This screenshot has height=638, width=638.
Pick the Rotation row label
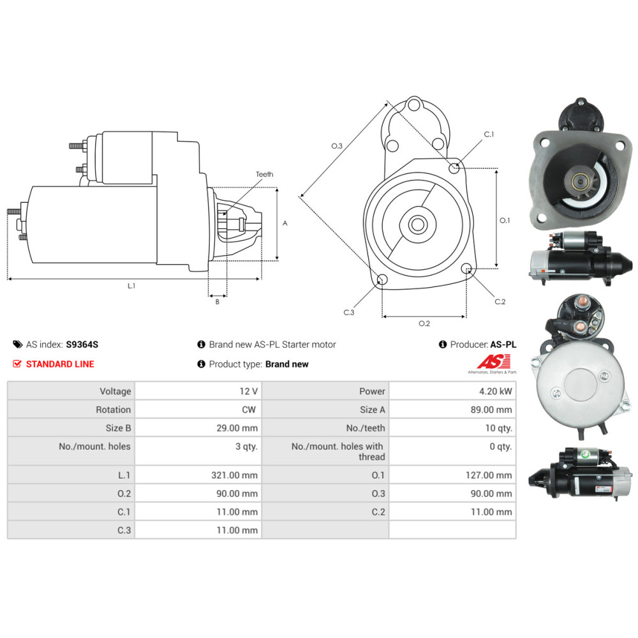pyautogui.click(x=114, y=410)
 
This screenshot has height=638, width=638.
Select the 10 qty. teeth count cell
pyautogui.click(x=498, y=428)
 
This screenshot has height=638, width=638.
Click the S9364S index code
pyautogui.click(x=82, y=345)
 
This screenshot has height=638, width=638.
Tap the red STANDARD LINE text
pyautogui.click(x=60, y=364)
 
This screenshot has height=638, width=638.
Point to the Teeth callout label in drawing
pyautogui.click(x=264, y=174)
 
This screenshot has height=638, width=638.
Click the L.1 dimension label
pyautogui.click(x=131, y=286)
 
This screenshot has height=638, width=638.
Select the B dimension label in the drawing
pyautogui.click(x=217, y=302)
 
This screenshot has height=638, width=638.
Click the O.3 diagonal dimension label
pyautogui.click(x=337, y=146)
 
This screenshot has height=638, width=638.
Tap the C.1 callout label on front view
pyautogui.click(x=489, y=135)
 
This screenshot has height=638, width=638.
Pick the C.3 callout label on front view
pyautogui.click(x=348, y=313)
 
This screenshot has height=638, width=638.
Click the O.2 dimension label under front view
pyautogui.click(x=424, y=323)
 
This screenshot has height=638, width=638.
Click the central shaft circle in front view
pyautogui.click(x=418, y=224)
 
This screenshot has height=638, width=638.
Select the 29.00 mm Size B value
pyautogui.click(x=237, y=428)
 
